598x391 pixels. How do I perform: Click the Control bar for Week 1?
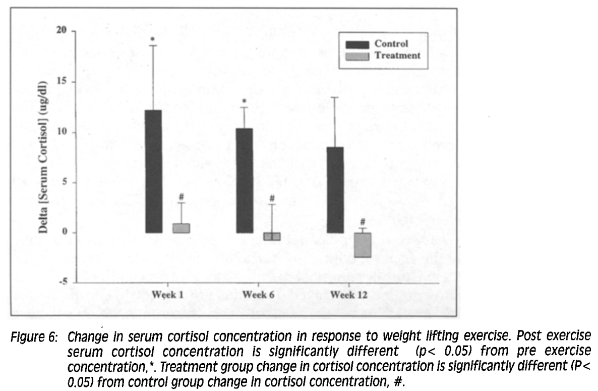(x=153, y=172)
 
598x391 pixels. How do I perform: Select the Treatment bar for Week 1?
(x=181, y=228)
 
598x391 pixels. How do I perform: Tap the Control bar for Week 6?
(x=244, y=180)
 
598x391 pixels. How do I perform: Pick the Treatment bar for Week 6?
(x=272, y=236)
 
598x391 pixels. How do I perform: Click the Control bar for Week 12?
(x=335, y=190)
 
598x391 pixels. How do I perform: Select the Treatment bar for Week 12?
(x=363, y=245)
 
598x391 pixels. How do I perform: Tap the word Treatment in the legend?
(x=397, y=56)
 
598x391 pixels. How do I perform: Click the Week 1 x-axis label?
(x=167, y=295)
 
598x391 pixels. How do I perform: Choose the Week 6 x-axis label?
(x=258, y=295)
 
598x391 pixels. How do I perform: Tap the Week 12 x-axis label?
(x=349, y=295)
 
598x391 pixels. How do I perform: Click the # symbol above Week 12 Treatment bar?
(x=363, y=221)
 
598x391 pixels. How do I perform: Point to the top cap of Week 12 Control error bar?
(x=335, y=97)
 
